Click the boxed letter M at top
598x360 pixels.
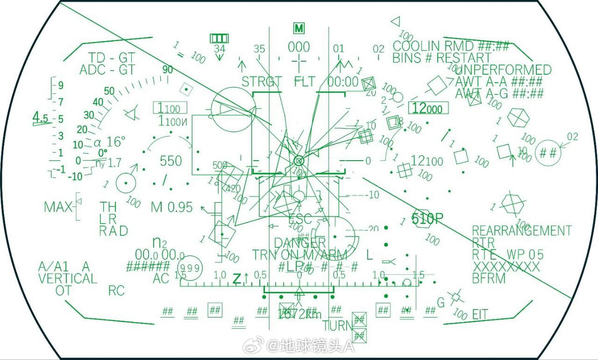[x=299, y=28]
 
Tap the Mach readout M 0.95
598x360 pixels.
[x=171, y=207]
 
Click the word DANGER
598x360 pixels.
[x=299, y=243]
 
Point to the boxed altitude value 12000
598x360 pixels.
[x=428, y=108]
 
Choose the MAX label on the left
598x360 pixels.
[x=58, y=207]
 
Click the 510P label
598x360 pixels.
[x=427, y=219]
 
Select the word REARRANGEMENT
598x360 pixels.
[x=521, y=231]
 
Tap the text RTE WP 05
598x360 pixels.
[x=508, y=254]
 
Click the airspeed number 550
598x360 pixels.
[x=171, y=161]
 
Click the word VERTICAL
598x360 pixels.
[x=67, y=279]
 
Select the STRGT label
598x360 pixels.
[x=262, y=82]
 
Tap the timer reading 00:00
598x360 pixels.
[x=342, y=82]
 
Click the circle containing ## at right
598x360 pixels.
[x=548, y=153]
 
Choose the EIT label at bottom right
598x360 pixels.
[x=480, y=314]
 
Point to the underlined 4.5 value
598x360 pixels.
[x=41, y=118]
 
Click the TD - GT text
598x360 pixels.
[x=112, y=58]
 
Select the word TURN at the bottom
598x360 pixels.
[x=336, y=325]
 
